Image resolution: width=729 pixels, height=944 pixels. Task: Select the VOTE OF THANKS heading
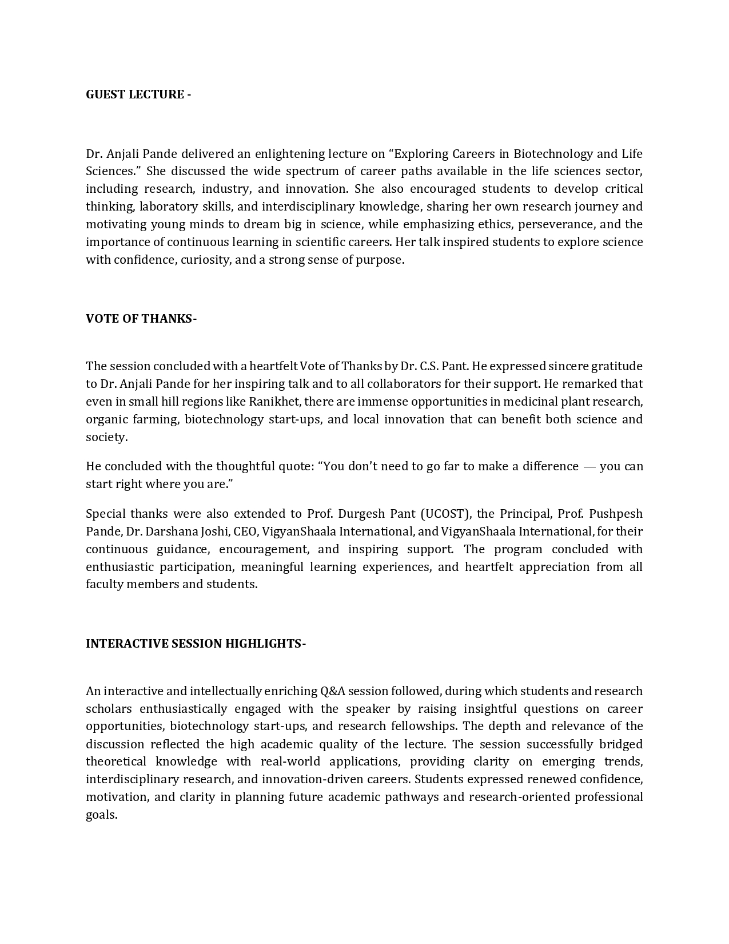coord(141,319)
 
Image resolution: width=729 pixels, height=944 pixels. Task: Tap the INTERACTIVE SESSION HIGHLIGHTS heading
coord(196,644)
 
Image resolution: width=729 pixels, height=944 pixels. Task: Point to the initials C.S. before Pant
coord(427,366)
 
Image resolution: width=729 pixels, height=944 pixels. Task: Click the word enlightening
coord(289,154)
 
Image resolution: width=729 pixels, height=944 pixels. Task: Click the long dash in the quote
coord(589,466)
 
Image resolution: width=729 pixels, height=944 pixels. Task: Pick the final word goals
coord(101,815)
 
